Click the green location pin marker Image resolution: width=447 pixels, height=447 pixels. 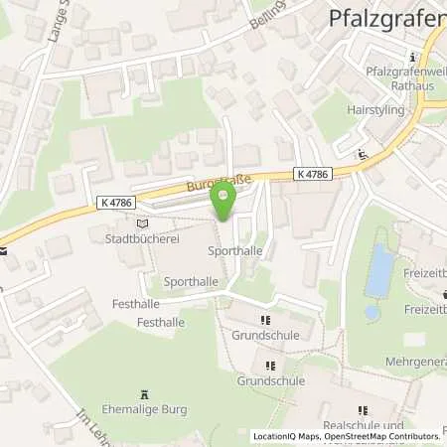point(223,204)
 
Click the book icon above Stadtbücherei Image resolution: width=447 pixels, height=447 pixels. point(140,224)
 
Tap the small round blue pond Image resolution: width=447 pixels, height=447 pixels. point(372,312)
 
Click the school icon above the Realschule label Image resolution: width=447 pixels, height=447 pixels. point(362,409)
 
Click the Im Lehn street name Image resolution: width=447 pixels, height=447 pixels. point(90,418)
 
